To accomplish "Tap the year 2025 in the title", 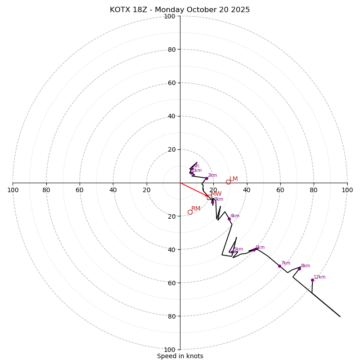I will pyautogui.click(x=240, y=10).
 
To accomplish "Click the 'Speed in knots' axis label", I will pyautogui.click(x=180, y=356).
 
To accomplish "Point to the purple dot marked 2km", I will pyautogui.click(x=207, y=178).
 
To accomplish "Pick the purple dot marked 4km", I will pyautogui.click(x=229, y=219).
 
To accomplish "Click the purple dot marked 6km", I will pyautogui.click(x=254, y=250).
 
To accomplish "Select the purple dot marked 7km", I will pyautogui.click(x=279, y=266).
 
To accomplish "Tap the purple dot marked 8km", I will pyautogui.click(x=299, y=269).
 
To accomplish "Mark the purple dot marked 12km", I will pyautogui.click(x=312, y=280).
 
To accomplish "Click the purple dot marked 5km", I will pyautogui.click(x=232, y=252).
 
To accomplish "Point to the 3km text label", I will pyautogui.click(x=219, y=199).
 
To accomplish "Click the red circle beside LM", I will pyautogui.click(x=228, y=182).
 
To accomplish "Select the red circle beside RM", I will pyautogui.click(x=190, y=212).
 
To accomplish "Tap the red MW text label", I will pyautogui.click(x=216, y=194).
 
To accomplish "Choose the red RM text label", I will pyautogui.click(x=196, y=209).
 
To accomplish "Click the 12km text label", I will pyautogui.click(x=319, y=277).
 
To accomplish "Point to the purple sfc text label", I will pyautogui.click(x=197, y=166).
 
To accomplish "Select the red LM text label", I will pyautogui.click(x=234, y=179).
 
